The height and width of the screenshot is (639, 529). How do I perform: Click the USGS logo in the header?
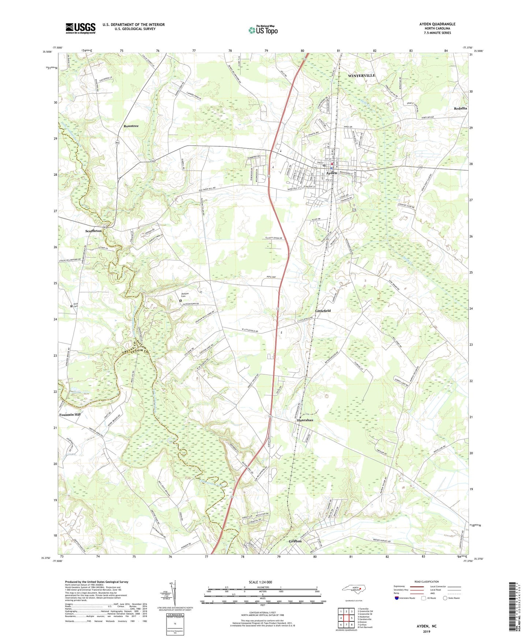[x=81, y=28]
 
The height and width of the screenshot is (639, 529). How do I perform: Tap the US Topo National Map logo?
[x=263, y=30]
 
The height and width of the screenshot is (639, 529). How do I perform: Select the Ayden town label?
[x=331, y=173]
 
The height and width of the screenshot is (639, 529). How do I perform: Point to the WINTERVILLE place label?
[x=361, y=75]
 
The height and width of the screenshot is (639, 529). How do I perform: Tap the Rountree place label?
[x=131, y=126]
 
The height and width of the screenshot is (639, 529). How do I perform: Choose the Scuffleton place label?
[x=93, y=231]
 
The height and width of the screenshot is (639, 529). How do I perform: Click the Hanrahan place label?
[x=305, y=420]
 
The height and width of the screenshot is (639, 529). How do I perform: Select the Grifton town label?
[x=295, y=541]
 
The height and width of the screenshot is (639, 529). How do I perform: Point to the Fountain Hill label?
[x=70, y=415]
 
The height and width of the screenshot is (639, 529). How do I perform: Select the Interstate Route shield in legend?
[x=397, y=598]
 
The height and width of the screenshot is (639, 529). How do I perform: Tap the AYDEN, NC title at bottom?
[x=426, y=626]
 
